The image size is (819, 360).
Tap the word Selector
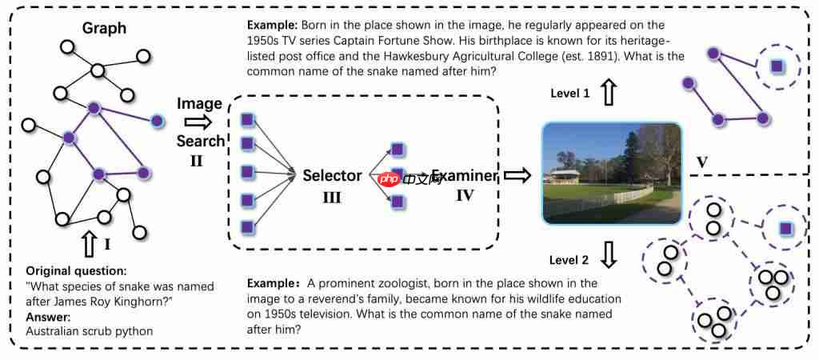[x=332, y=176]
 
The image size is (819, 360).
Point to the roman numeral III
[x=331, y=197]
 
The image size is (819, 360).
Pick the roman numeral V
[x=702, y=162]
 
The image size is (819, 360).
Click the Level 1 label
[x=570, y=94]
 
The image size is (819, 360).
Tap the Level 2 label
[x=570, y=260]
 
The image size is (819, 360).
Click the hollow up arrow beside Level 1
[x=609, y=93]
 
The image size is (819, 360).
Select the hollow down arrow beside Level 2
[x=609, y=255]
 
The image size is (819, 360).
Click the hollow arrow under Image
[x=196, y=122]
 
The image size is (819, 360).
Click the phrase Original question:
[x=76, y=270]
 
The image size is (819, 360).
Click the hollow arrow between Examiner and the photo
[x=517, y=176]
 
